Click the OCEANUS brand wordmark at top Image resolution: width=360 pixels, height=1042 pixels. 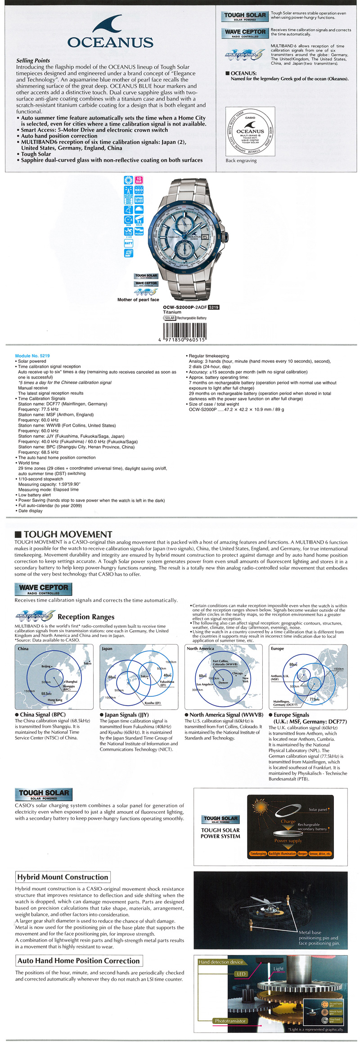point(110,42)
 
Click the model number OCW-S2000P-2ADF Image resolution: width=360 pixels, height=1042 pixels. point(184,307)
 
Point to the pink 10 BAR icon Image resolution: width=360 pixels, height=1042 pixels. point(139,180)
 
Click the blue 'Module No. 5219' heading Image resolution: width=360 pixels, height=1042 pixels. point(32,356)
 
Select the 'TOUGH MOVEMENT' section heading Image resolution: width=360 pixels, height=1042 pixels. point(67,534)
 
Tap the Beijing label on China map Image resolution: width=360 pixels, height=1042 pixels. point(46,666)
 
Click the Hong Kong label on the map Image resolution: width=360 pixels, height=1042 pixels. point(55,700)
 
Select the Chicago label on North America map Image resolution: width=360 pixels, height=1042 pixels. point(238,673)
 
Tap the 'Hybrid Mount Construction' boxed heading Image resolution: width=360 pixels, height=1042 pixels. point(63,877)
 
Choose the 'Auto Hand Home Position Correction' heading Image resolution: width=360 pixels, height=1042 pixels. point(79,961)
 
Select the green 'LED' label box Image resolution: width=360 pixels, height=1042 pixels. point(241,974)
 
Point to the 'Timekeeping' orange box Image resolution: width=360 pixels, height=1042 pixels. point(258,853)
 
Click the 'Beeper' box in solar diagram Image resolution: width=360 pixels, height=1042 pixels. point(302,853)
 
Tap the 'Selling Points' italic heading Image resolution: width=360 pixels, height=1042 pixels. point(33,60)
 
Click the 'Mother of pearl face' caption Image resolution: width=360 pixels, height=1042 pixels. point(138,300)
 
